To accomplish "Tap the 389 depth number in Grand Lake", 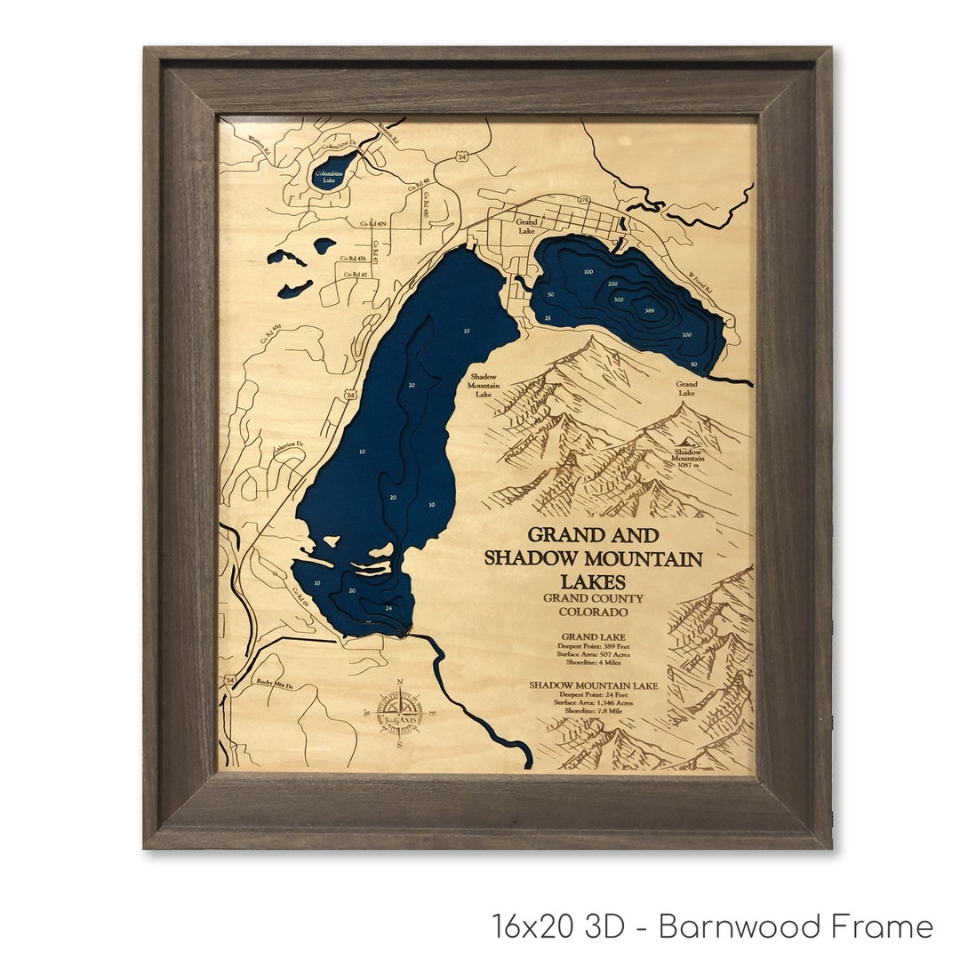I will pyautogui.click(x=650, y=310).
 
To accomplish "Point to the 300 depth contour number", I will pyautogui.click(x=618, y=300).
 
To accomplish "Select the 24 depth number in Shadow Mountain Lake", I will pyautogui.click(x=388, y=608).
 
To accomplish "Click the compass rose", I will pyautogui.click(x=399, y=713).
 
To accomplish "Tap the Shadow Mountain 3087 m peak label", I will pyautogui.click(x=686, y=457).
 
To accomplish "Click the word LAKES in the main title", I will pyautogui.click(x=593, y=581).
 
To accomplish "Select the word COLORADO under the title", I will pyautogui.click(x=593, y=612).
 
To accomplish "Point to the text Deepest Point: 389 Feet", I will pyautogui.click(x=593, y=646).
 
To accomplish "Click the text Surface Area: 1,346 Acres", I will pyautogui.click(x=593, y=702).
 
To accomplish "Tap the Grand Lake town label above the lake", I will pyautogui.click(x=527, y=226).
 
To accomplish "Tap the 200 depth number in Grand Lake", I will pyautogui.click(x=612, y=284).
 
